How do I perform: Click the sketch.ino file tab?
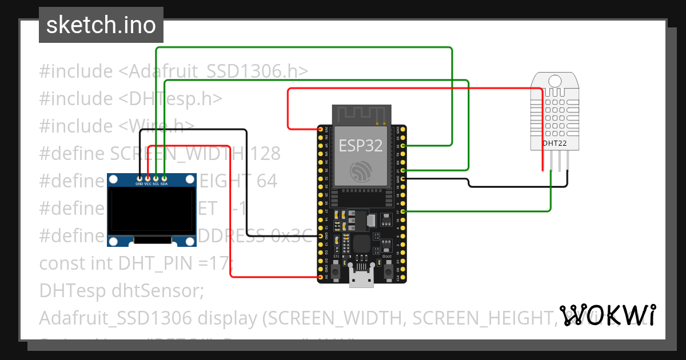(101, 25)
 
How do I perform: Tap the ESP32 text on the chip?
(361, 145)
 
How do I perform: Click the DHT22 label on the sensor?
(554, 143)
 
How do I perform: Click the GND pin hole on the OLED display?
(140, 178)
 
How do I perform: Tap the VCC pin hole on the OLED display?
(148, 178)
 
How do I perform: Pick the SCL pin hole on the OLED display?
(156, 178)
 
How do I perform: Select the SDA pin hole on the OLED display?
(164, 178)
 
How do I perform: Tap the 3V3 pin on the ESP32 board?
(320, 130)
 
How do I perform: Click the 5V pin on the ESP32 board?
(320, 278)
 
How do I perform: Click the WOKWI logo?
(607, 315)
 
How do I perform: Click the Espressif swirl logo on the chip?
(361, 171)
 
